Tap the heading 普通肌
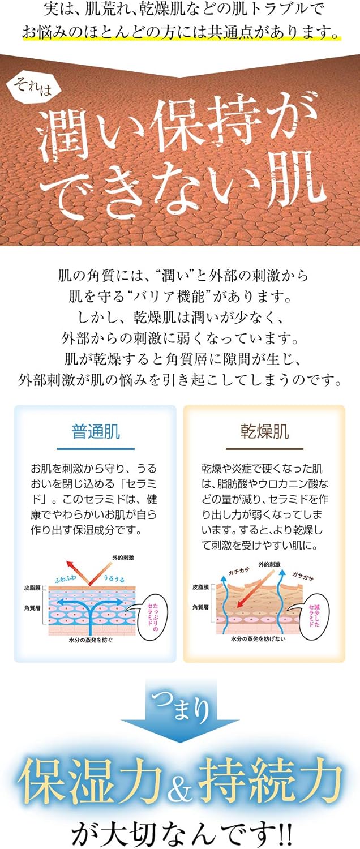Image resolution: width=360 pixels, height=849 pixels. coord(95,432)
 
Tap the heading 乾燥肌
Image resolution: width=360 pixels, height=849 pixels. coord(264,432)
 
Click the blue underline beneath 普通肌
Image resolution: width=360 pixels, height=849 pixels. coord(95,449)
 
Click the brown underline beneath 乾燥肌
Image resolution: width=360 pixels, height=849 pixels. coord(264,449)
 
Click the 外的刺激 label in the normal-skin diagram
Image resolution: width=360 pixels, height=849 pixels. coord(123,558)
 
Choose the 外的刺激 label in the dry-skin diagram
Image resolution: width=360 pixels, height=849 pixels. coord(270,564)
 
